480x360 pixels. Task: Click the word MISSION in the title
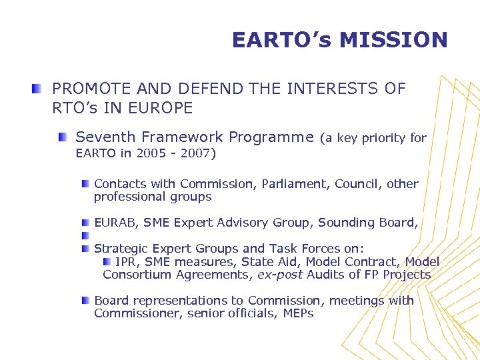393,40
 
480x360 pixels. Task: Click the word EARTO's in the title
281,40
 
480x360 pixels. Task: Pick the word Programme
271,137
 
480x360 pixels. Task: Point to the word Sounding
343,223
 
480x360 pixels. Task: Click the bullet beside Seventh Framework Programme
62,137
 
